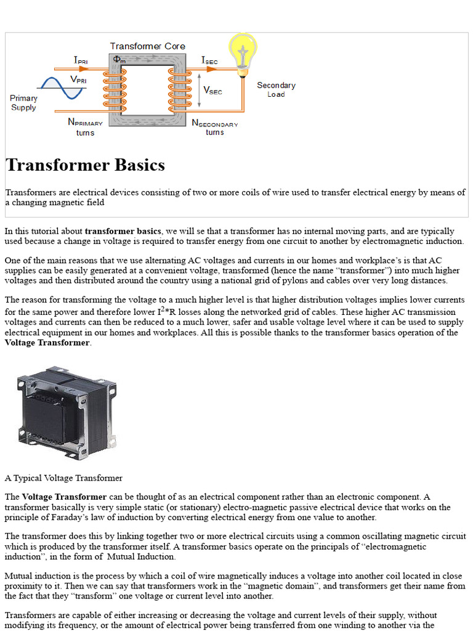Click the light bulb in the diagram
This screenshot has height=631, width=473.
242,51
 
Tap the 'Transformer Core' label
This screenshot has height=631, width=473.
147,46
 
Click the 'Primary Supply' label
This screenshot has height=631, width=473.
23,103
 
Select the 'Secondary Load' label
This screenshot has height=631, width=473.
276,89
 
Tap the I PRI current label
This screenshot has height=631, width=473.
81,60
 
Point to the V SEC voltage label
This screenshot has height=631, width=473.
213,90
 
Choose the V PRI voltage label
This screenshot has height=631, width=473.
78,79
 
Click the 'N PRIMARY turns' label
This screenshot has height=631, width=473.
85,127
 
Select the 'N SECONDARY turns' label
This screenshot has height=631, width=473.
214,127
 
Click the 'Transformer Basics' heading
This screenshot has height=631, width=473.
85,165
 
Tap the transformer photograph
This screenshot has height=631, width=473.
67,408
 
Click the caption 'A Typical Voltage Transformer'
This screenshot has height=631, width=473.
63,478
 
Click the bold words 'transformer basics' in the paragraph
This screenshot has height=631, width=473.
123,231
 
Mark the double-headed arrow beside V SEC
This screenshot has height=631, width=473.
199,91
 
